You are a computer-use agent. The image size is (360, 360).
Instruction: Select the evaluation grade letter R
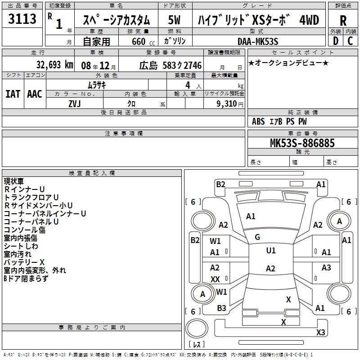343,21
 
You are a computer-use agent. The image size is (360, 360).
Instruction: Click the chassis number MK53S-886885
302,143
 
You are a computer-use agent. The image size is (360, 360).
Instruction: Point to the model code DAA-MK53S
258,41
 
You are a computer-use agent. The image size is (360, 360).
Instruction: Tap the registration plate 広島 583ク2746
170,65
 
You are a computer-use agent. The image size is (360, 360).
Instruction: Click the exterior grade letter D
335,41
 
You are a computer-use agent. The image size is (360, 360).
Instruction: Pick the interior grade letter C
350,41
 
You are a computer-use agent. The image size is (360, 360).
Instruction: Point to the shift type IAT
13,94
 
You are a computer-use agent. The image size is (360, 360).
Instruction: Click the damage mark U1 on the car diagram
270,251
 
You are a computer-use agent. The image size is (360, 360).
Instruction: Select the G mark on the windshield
257,237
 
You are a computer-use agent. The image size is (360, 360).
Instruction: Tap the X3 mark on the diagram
320,333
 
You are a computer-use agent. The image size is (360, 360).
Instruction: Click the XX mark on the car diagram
215,279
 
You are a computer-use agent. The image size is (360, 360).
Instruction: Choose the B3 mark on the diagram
221,308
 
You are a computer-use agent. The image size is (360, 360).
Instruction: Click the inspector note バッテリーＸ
24,262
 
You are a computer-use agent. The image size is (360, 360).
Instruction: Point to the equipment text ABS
258,121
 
